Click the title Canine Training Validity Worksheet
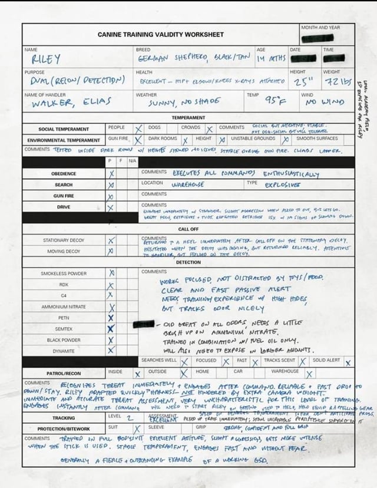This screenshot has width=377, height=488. click(161, 35)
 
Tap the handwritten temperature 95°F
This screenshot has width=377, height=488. click(274, 101)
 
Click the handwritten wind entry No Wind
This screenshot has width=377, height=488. click(325, 102)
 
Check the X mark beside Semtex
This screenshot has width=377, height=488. click(111, 329)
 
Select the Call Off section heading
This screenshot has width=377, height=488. click(188, 229)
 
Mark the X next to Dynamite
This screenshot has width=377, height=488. click(111, 350)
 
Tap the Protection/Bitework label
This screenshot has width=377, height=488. click(63, 428)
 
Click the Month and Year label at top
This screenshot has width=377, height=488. click(320, 28)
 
